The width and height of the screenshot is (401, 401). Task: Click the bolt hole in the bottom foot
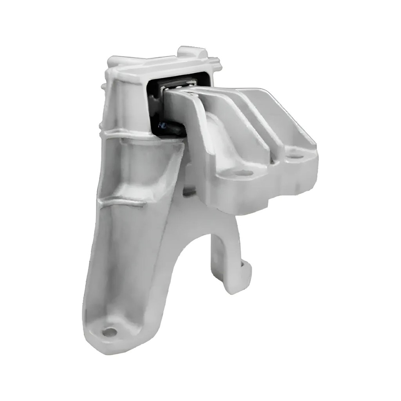(109, 332)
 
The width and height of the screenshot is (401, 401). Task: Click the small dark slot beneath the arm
(190, 192)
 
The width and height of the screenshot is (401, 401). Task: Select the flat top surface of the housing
(164, 65)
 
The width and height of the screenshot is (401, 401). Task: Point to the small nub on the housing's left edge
(103, 86)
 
